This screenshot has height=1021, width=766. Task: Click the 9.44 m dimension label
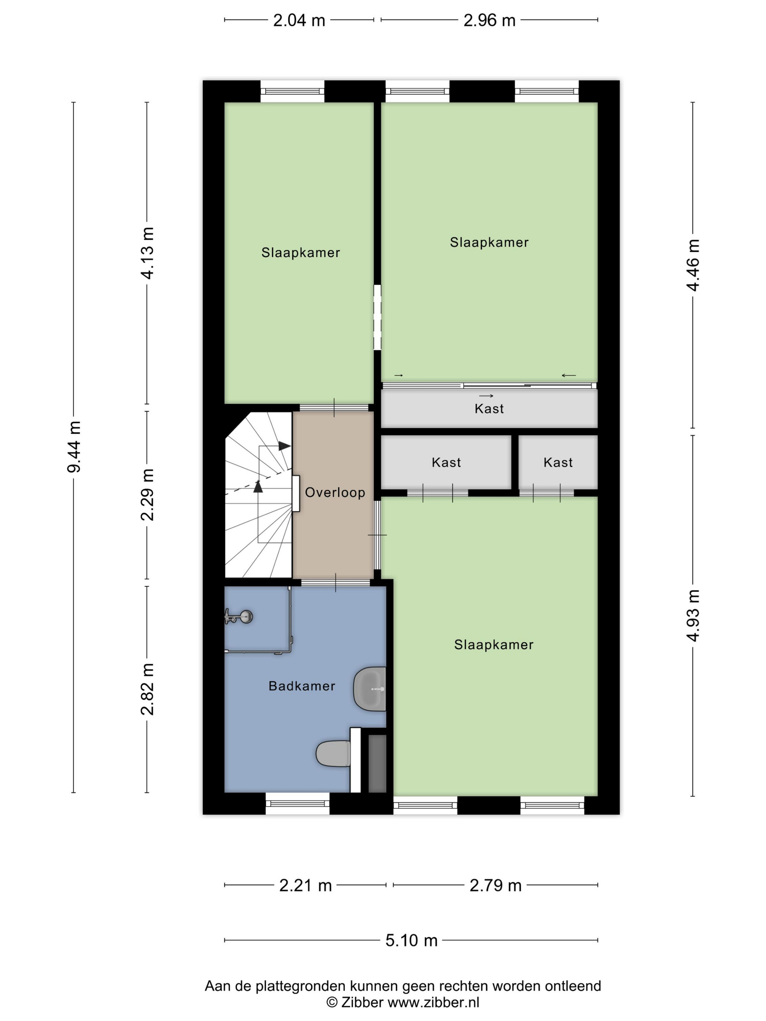(74, 446)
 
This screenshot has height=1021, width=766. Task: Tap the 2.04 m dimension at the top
(299, 21)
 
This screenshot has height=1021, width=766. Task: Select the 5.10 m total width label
(411, 940)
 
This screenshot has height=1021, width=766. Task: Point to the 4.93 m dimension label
(693, 615)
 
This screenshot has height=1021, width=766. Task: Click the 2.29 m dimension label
(147, 495)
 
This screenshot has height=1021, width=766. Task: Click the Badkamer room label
(302, 686)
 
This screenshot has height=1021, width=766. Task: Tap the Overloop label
(335, 493)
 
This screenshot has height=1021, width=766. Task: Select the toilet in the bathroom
(333, 753)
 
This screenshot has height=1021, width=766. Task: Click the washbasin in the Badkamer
(370, 689)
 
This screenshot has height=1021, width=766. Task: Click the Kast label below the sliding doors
(489, 408)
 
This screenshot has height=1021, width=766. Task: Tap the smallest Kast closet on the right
(558, 462)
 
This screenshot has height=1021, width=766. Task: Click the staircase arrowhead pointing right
(285, 446)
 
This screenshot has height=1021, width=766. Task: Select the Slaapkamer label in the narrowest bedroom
(301, 252)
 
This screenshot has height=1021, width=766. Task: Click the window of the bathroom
(297, 804)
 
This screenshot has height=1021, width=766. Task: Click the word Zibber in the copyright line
(363, 1002)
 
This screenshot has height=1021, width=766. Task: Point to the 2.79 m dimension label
(495, 885)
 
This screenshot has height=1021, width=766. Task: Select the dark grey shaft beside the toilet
(377, 764)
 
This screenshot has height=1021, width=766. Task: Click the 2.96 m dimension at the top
(490, 21)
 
